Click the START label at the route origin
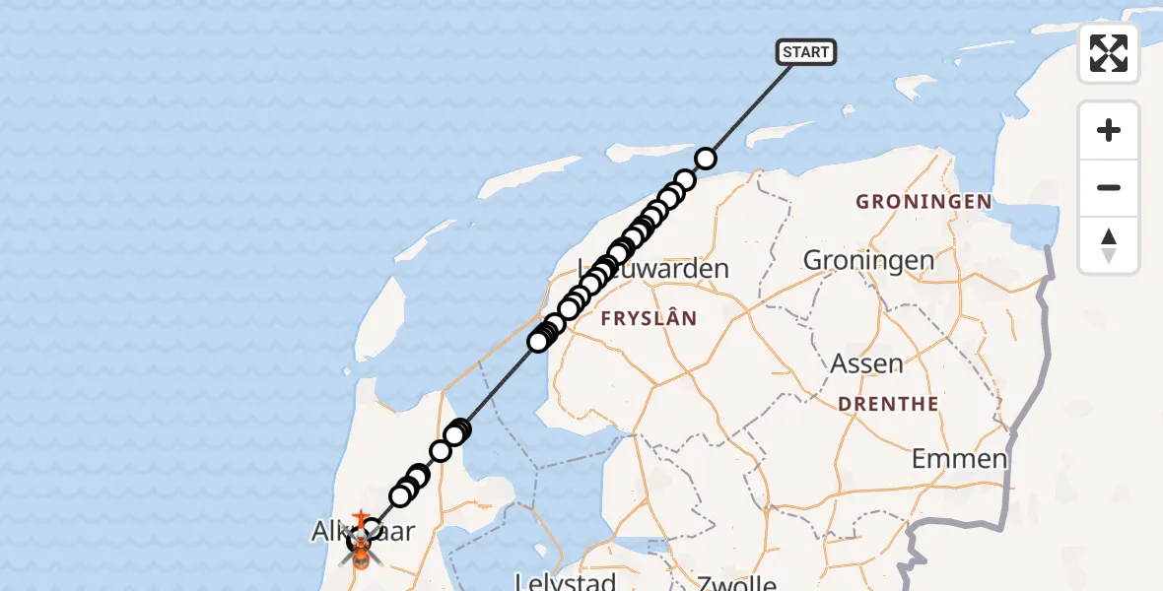806,52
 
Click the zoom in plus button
1109,130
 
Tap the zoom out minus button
1109,187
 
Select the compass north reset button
1109,244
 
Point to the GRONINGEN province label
923,202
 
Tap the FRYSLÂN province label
649,318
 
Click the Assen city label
866,363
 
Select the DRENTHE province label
888,404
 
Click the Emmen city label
959,458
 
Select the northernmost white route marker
706,158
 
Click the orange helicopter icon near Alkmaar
361,558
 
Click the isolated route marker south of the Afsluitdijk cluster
441,451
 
